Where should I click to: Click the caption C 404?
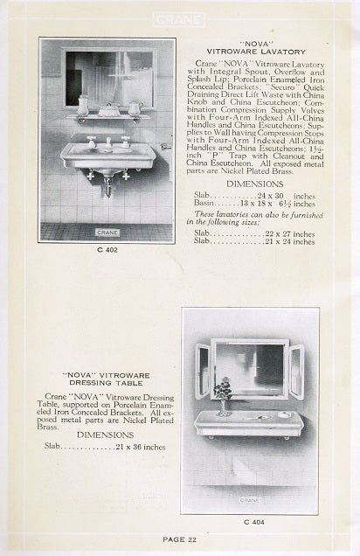(251, 523)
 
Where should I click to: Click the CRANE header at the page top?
(178, 18)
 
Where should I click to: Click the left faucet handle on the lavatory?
(90, 140)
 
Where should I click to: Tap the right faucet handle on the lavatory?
(125, 140)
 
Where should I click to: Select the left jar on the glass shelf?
(82, 107)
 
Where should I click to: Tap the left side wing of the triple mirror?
(204, 371)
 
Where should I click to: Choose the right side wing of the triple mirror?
(296, 371)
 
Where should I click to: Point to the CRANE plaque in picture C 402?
(107, 232)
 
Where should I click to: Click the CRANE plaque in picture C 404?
(251, 501)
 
